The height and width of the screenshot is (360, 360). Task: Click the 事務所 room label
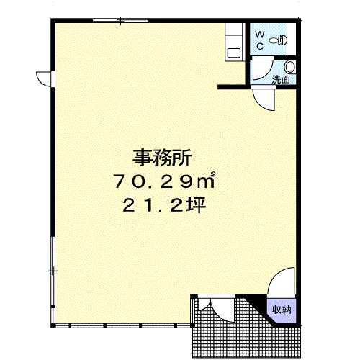click(162, 158)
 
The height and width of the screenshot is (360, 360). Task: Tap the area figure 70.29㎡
click(164, 181)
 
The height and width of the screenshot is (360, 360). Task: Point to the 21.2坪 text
click(164, 204)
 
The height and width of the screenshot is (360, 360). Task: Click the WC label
click(260, 40)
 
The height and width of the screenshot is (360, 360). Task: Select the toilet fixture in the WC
click(279, 40)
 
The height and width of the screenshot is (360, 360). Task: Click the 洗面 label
click(281, 79)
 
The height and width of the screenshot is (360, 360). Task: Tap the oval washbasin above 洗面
click(289, 67)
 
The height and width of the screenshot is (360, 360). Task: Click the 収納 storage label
click(282, 310)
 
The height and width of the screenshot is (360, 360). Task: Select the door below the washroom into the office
click(264, 98)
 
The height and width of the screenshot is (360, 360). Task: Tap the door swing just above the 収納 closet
click(282, 281)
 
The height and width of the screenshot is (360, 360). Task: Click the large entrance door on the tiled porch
click(223, 310)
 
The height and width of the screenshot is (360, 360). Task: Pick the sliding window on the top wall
click(120, 20)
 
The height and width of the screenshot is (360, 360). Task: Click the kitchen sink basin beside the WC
click(234, 53)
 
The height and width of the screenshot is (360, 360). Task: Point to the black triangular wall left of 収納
click(258, 303)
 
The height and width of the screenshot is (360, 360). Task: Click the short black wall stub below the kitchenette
click(232, 87)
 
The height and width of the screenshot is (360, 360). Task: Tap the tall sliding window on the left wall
click(53, 271)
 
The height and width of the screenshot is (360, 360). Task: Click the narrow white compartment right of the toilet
click(292, 39)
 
